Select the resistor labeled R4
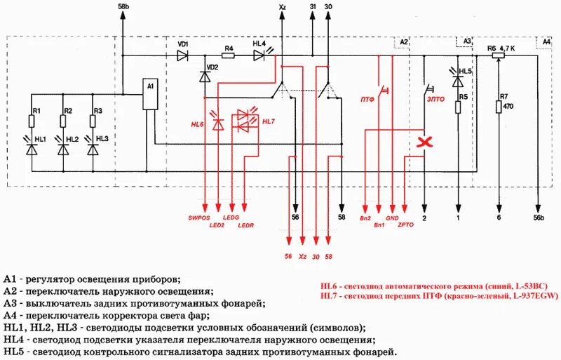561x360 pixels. click(228, 56)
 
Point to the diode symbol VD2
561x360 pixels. click(205, 76)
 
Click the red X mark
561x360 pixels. click(424, 142)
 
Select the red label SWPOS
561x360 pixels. click(199, 218)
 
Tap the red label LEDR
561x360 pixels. click(246, 226)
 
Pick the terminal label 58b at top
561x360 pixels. click(123, 6)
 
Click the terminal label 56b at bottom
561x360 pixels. click(538, 218)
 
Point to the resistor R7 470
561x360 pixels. click(499, 107)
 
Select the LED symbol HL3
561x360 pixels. click(92, 148)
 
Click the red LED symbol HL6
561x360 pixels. click(218, 124)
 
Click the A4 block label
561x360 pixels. click(547, 43)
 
